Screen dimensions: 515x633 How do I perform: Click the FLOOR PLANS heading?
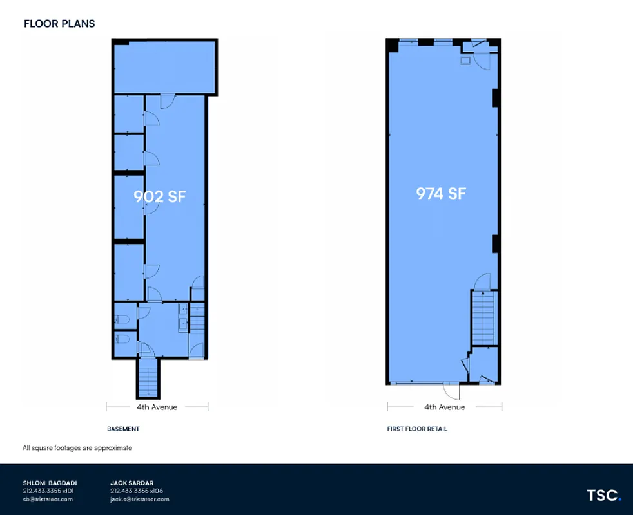pyautogui.click(x=59, y=24)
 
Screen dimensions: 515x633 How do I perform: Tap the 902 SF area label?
pyautogui.click(x=160, y=196)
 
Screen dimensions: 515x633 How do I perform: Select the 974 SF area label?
pyautogui.click(x=441, y=193)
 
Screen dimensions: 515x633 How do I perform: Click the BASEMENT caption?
pyautogui.click(x=123, y=429)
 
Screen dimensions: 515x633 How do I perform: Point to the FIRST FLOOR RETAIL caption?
pyautogui.click(x=417, y=429)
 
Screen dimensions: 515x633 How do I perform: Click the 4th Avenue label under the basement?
pyautogui.click(x=157, y=407)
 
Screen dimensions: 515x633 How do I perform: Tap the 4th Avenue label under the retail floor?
pyautogui.click(x=444, y=407)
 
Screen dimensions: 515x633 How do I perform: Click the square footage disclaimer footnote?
pyautogui.click(x=77, y=448)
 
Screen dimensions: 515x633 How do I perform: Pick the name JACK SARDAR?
pyautogui.click(x=131, y=483)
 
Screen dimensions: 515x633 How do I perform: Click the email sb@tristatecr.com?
pyautogui.click(x=48, y=499)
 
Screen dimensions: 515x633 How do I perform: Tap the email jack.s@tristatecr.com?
pyautogui.click(x=140, y=499)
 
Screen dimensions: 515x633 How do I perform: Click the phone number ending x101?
pyautogui.click(x=48, y=491)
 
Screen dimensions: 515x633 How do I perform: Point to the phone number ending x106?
pyautogui.click(x=137, y=491)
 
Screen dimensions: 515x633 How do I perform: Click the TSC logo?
pyautogui.click(x=603, y=495)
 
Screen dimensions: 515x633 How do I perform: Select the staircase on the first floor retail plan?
pyautogui.click(x=484, y=319)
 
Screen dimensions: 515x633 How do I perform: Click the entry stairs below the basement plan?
pyautogui.click(x=148, y=378)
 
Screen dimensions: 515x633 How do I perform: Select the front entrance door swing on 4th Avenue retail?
pyautogui.click(x=449, y=391)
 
